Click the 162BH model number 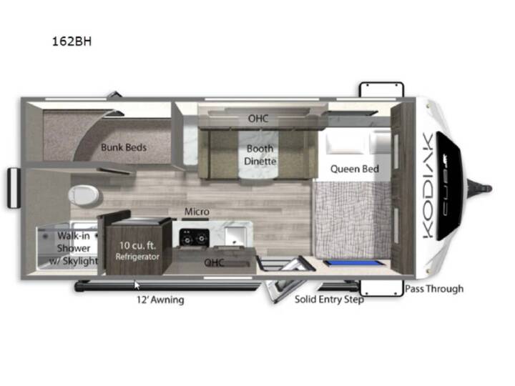pyautogui.click(x=72, y=41)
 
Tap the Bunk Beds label pyautogui.click(x=124, y=147)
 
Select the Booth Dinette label pyautogui.click(x=260, y=155)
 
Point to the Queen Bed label pyautogui.click(x=354, y=169)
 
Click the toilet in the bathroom pyautogui.click(x=84, y=196)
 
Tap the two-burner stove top pyautogui.click(x=194, y=237)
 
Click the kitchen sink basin pyautogui.click(x=235, y=235)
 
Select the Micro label pyautogui.click(x=197, y=212)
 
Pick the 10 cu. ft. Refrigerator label pyautogui.click(x=137, y=251)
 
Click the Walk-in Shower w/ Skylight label pyautogui.click(x=74, y=248)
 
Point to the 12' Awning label pyautogui.click(x=160, y=300)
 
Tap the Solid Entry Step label pyautogui.click(x=329, y=300)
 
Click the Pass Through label pyautogui.click(x=434, y=289)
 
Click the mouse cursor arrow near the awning pyautogui.click(x=137, y=285)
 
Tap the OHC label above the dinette pyautogui.click(x=258, y=119)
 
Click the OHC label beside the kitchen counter pyautogui.click(x=214, y=262)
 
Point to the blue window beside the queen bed pyautogui.click(x=354, y=263)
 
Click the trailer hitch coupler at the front pyautogui.click(x=481, y=189)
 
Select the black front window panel pyautogui.click(x=448, y=186)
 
